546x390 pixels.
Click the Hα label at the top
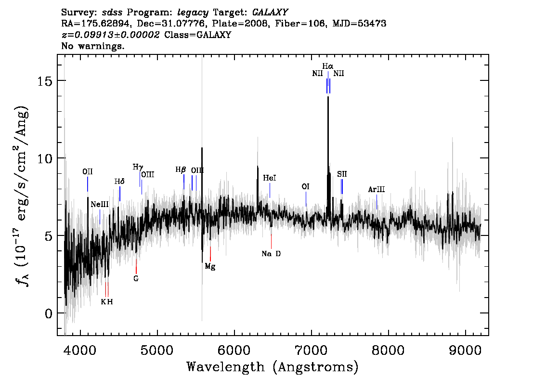(x=328, y=66)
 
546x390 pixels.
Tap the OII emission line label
(x=88, y=172)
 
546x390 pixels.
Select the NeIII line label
(x=100, y=205)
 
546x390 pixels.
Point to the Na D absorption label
(x=271, y=254)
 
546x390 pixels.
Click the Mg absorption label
(x=210, y=267)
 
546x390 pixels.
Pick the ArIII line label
(x=377, y=190)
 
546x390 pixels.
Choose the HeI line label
(x=270, y=178)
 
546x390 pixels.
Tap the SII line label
(x=342, y=174)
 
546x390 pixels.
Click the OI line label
(x=305, y=187)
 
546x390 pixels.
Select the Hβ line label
(x=181, y=170)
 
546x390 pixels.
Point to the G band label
(x=136, y=279)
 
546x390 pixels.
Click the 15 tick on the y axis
(x=45, y=81)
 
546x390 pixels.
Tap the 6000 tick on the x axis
(x=234, y=350)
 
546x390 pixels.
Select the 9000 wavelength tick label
(x=465, y=350)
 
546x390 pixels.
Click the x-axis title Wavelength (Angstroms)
(x=273, y=367)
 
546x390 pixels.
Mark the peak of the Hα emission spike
(x=328, y=97)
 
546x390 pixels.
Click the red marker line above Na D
(x=271, y=241)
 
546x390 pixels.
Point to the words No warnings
(x=92, y=46)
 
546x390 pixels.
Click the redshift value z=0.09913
(x=88, y=35)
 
